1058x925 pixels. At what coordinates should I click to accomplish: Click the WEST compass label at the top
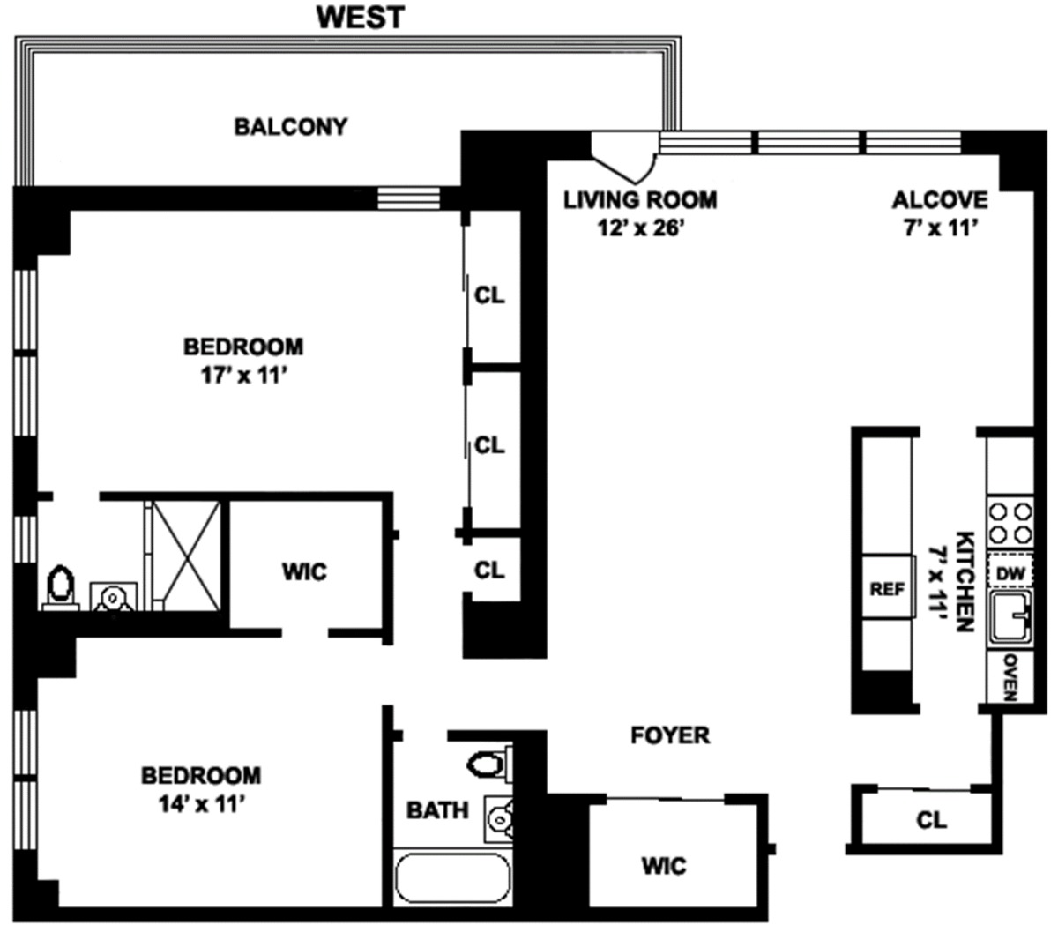361,18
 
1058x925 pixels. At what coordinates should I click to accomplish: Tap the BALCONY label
291,127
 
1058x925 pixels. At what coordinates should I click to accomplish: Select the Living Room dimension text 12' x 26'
641,228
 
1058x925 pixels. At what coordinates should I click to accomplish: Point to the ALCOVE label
940,200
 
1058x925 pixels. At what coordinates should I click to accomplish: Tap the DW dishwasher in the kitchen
1010,573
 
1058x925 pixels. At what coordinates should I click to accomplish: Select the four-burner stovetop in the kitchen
1010,522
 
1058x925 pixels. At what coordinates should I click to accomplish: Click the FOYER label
670,735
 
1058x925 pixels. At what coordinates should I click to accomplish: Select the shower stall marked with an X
187,556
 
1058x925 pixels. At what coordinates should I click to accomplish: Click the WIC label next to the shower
304,572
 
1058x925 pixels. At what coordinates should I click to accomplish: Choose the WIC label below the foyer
665,866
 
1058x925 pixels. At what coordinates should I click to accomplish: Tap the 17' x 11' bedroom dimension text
243,376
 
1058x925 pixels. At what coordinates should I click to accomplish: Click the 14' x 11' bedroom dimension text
201,804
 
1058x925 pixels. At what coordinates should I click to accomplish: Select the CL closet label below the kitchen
932,820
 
